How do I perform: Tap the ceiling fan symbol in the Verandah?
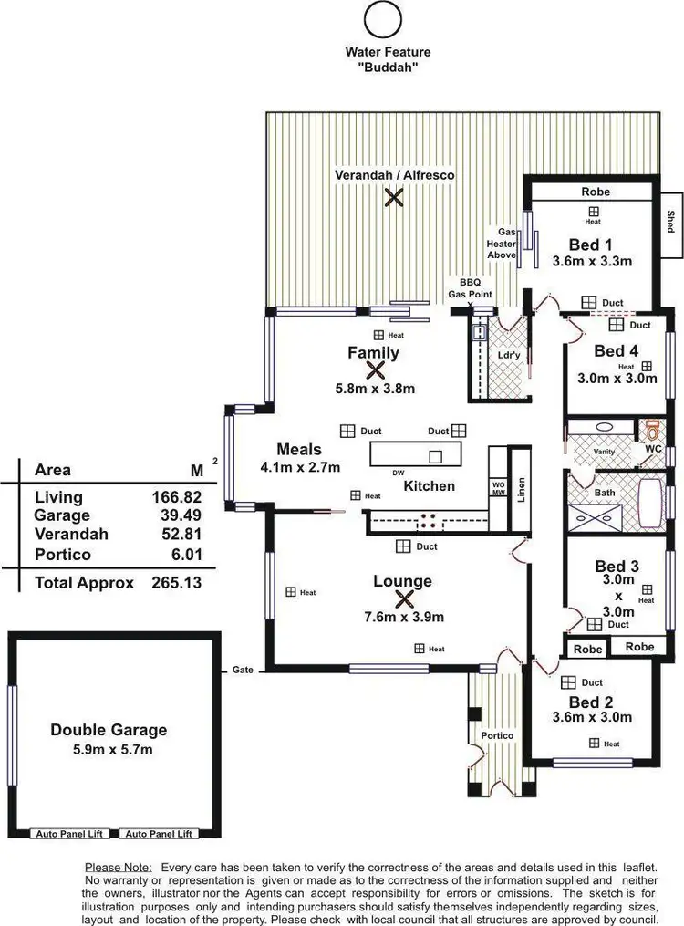pyautogui.click(x=393, y=196)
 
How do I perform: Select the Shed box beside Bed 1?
pyautogui.click(x=670, y=221)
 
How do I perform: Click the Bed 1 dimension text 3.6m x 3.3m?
pyautogui.click(x=592, y=261)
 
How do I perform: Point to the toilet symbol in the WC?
pyautogui.click(x=651, y=431)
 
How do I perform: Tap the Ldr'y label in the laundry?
pyautogui.click(x=508, y=354)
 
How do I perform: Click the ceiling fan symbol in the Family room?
pyautogui.click(x=374, y=369)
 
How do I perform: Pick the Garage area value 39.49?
pyautogui.click(x=177, y=515)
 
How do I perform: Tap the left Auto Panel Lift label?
pyautogui.click(x=70, y=833)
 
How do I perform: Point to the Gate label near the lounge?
pyautogui.click(x=243, y=670)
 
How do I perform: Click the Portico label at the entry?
pyautogui.click(x=497, y=735)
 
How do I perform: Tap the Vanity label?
pyautogui.click(x=604, y=451)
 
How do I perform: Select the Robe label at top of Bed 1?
pyautogui.click(x=595, y=192)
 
